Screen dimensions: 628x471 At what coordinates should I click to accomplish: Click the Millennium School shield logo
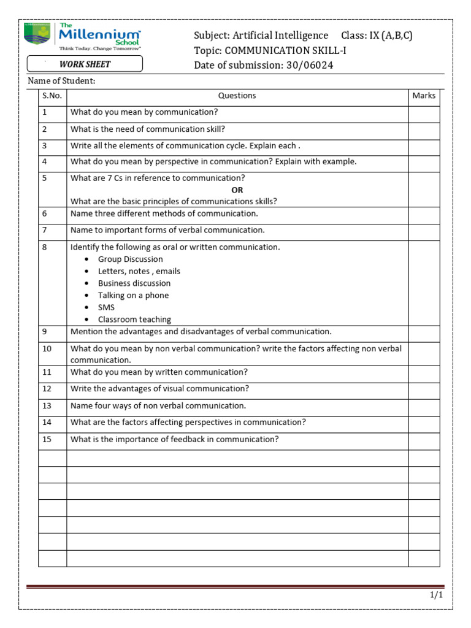click(x=38, y=34)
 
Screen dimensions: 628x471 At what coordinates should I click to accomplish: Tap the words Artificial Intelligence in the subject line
click(x=280, y=36)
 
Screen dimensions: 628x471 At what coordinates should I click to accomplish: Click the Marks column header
click(x=424, y=96)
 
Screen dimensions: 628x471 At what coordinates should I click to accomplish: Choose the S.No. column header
click(x=52, y=96)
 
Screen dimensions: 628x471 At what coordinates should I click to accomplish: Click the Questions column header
click(x=237, y=96)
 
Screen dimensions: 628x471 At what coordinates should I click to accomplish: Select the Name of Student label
click(x=62, y=82)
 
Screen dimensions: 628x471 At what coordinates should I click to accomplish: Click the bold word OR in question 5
click(x=237, y=190)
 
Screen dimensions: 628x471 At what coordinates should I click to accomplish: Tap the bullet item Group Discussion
click(x=130, y=259)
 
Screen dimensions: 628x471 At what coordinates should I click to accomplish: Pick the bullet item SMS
click(x=106, y=307)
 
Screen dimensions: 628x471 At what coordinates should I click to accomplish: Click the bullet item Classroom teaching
click(x=134, y=320)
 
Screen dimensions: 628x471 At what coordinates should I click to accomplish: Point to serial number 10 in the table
click(x=47, y=348)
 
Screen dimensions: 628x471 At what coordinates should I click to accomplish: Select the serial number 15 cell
click(x=52, y=440)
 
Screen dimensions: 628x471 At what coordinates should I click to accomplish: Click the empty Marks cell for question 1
click(x=424, y=113)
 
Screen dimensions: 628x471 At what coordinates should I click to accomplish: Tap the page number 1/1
click(x=435, y=595)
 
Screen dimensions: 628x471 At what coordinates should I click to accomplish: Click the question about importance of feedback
click(x=174, y=440)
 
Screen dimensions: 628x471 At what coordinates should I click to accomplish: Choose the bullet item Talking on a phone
click(x=133, y=296)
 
